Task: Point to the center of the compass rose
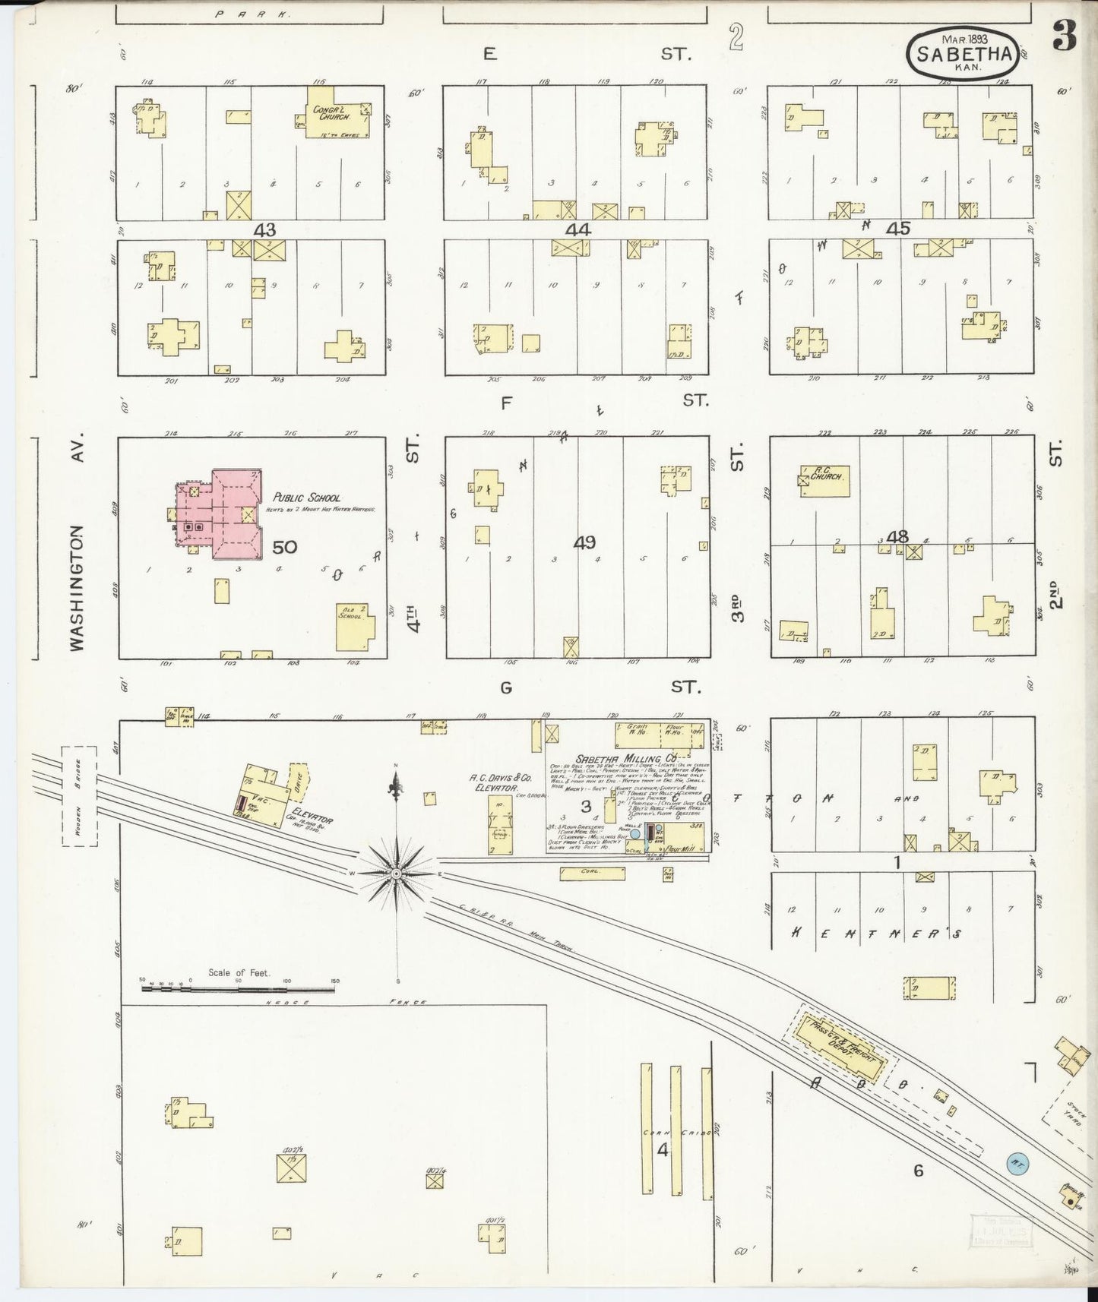pos(396,874)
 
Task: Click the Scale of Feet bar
pos(239,990)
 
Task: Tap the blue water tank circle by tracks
pos(1017,1161)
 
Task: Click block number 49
pos(584,543)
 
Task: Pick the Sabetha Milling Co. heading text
pos(626,758)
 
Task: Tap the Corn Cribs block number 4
pos(663,1150)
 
